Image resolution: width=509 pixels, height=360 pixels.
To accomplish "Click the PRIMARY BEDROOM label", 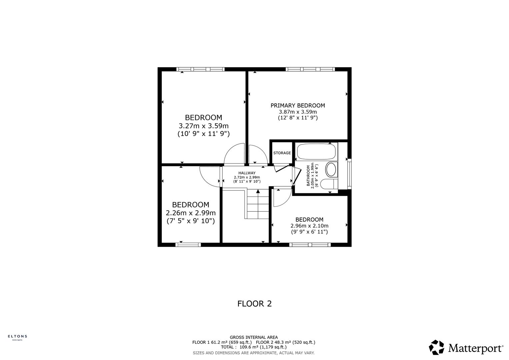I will coord(297,105).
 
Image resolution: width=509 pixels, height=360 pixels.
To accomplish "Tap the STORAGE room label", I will coord(282,153).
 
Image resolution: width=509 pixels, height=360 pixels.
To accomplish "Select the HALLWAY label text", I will coord(247,173).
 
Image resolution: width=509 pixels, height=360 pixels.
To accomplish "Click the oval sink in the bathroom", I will coord(331,169).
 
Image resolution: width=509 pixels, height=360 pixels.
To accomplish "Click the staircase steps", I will coord(258,207).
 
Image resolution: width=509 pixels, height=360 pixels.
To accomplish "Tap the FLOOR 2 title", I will coord(254,304).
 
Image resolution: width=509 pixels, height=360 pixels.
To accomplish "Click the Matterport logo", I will coord(466,348).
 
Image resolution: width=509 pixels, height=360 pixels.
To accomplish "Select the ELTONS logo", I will coord(17,337).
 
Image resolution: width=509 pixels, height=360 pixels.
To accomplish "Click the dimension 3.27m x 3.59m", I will coord(203,126).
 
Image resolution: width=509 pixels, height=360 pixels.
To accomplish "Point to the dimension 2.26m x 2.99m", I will coord(191,213).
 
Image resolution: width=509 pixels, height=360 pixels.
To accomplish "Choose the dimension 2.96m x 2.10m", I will coord(309,226).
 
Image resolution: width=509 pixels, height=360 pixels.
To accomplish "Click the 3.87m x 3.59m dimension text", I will coord(298,112).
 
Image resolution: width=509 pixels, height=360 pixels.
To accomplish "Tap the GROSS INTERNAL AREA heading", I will coord(254,337).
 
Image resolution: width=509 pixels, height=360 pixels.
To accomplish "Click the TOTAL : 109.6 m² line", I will coord(254,347).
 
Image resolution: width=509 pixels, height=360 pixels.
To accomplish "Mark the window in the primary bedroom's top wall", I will coord(310,69).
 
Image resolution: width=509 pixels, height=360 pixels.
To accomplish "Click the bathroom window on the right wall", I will coord(349,174).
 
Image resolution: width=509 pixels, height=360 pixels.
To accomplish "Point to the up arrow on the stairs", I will coord(258,191).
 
